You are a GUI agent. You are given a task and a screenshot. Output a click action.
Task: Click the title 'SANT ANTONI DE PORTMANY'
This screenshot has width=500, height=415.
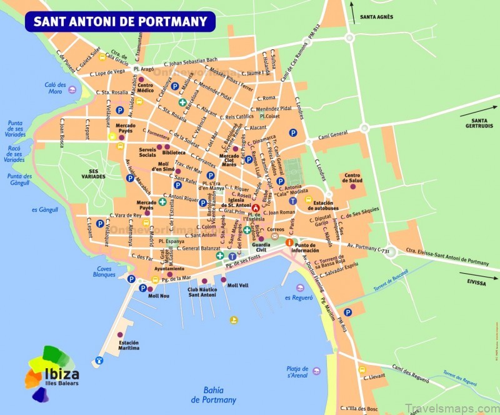(x=120, y=21)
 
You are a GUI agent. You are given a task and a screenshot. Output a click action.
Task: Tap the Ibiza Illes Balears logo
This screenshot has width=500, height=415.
(x=51, y=371)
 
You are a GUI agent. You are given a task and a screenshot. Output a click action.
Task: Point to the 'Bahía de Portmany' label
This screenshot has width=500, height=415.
(x=214, y=394)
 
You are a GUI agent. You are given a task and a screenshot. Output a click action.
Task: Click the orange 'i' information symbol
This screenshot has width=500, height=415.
(x=289, y=242)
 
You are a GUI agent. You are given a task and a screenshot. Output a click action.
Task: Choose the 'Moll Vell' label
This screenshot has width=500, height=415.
(x=237, y=286)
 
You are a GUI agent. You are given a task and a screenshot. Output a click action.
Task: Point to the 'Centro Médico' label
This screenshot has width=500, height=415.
(x=146, y=88)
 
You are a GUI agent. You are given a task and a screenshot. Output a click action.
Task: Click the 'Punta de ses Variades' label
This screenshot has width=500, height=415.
(x=15, y=127)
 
